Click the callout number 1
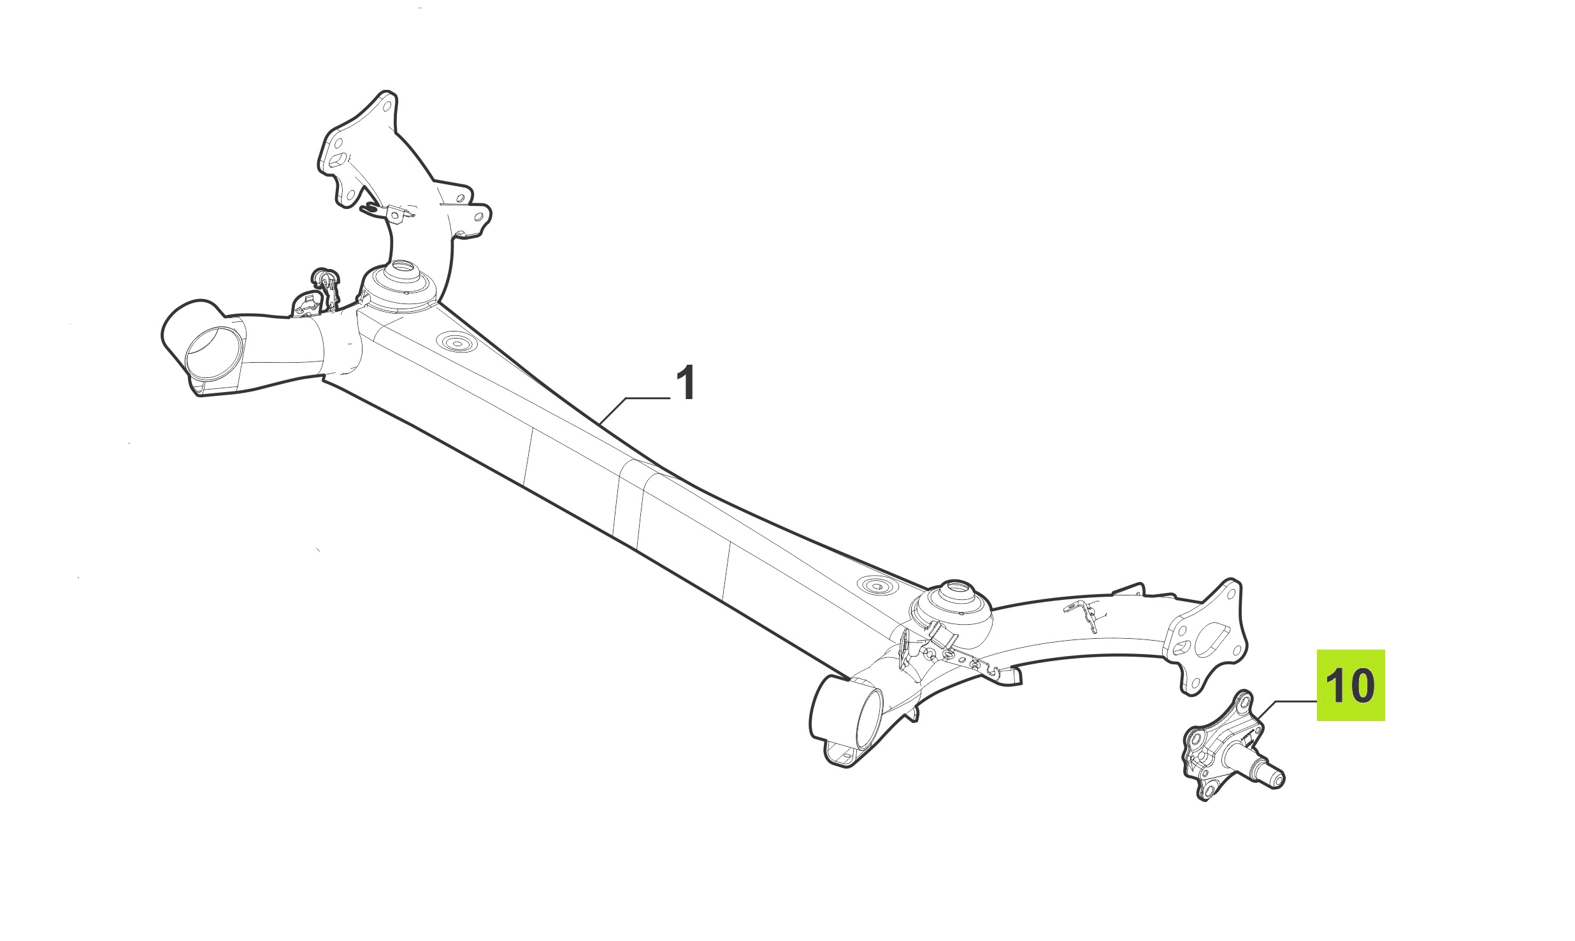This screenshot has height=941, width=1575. pos(685,383)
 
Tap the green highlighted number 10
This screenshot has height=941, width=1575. pos(1350,686)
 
